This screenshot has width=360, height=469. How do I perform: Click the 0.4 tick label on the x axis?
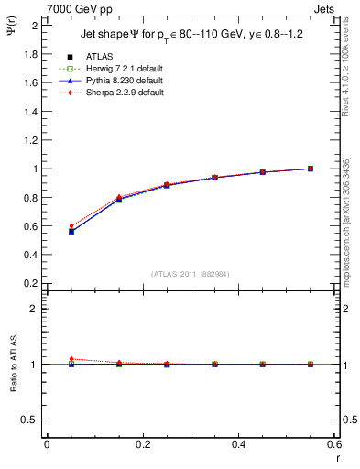point(238,445)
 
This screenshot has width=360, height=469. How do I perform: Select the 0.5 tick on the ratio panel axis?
point(32,420)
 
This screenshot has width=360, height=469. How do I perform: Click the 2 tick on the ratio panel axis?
point(35,309)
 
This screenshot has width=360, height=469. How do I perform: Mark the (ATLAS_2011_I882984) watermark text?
point(191,274)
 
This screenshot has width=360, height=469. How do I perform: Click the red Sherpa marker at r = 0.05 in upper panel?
point(71,225)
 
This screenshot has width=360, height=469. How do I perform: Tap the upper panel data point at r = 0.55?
point(311,169)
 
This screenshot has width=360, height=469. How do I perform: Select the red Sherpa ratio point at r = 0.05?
point(71,359)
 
